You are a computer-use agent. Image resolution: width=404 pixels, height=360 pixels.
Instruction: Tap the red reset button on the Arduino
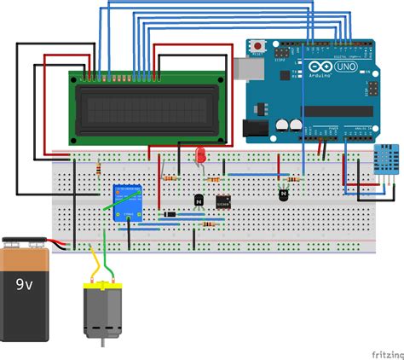click(257, 44)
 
